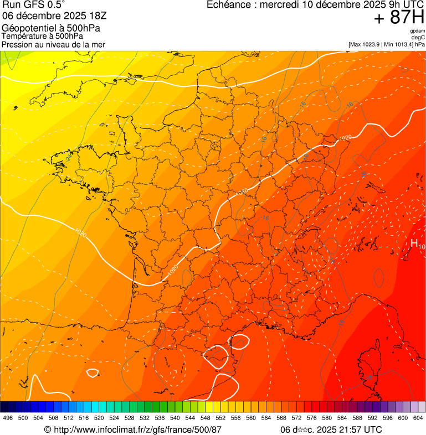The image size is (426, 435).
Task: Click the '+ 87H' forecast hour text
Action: tap(399, 18)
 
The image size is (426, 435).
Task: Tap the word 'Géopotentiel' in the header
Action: tap(28, 28)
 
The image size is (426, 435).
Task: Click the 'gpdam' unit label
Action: tap(417, 32)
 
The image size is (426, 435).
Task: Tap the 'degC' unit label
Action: tap(418, 38)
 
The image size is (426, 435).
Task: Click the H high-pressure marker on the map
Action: tap(414, 243)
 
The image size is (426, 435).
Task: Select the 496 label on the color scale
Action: tap(8, 418)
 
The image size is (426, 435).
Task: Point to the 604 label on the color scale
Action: tap(418, 418)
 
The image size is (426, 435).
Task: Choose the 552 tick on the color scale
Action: tap(220, 418)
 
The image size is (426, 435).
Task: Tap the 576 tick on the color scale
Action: tap(311, 418)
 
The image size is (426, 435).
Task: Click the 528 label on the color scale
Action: tap(129, 418)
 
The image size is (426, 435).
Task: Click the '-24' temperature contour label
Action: tap(69, 158)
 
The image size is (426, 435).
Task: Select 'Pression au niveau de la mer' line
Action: tap(53, 44)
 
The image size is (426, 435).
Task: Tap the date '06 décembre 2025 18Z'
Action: tap(58, 16)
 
